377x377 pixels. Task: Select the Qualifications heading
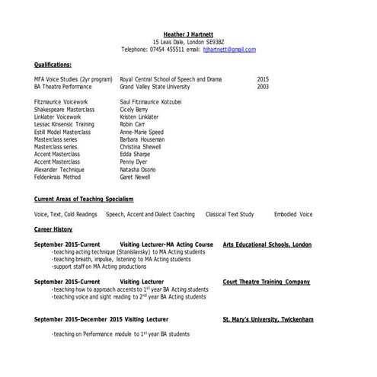pyautogui.click(x=53, y=65)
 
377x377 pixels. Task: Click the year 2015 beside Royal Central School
pyautogui.click(x=263, y=79)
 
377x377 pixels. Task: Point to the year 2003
pyautogui.click(x=263, y=86)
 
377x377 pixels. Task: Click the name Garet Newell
pyautogui.click(x=136, y=176)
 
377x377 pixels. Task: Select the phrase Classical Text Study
pyautogui.click(x=229, y=214)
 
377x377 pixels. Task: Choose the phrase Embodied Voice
pyautogui.click(x=293, y=214)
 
